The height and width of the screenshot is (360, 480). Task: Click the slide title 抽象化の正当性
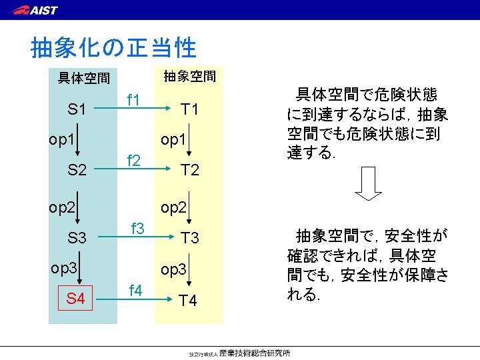pyautogui.click(x=114, y=47)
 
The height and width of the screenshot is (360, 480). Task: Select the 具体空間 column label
pyautogui.click(x=84, y=79)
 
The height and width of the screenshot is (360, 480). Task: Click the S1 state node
pyautogui.click(x=77, y=109)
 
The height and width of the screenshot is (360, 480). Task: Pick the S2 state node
pyautogui.click(x=77, y=171)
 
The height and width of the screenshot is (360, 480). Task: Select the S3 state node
pyautogui.click(x=77, y=237)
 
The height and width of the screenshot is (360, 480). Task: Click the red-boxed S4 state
pyautogui.click(x=75, y=298)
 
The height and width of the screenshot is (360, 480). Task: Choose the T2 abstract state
pyautogui.click(x=190, y=171)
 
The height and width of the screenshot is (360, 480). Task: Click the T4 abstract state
pyautogui.click(x=189, y=301)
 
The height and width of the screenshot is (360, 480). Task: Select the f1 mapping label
pyautogui.click(x=133, y=101)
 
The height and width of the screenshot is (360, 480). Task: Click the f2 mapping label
pyautogui.click(x=133, y=161)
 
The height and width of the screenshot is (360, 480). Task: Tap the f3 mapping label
pyautogui.click(x=138, y=228)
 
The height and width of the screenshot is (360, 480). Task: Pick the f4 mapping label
pyautogui.click(x=135, y=290)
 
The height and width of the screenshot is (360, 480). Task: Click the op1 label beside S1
pyautogui.click(x=61, y=141)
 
